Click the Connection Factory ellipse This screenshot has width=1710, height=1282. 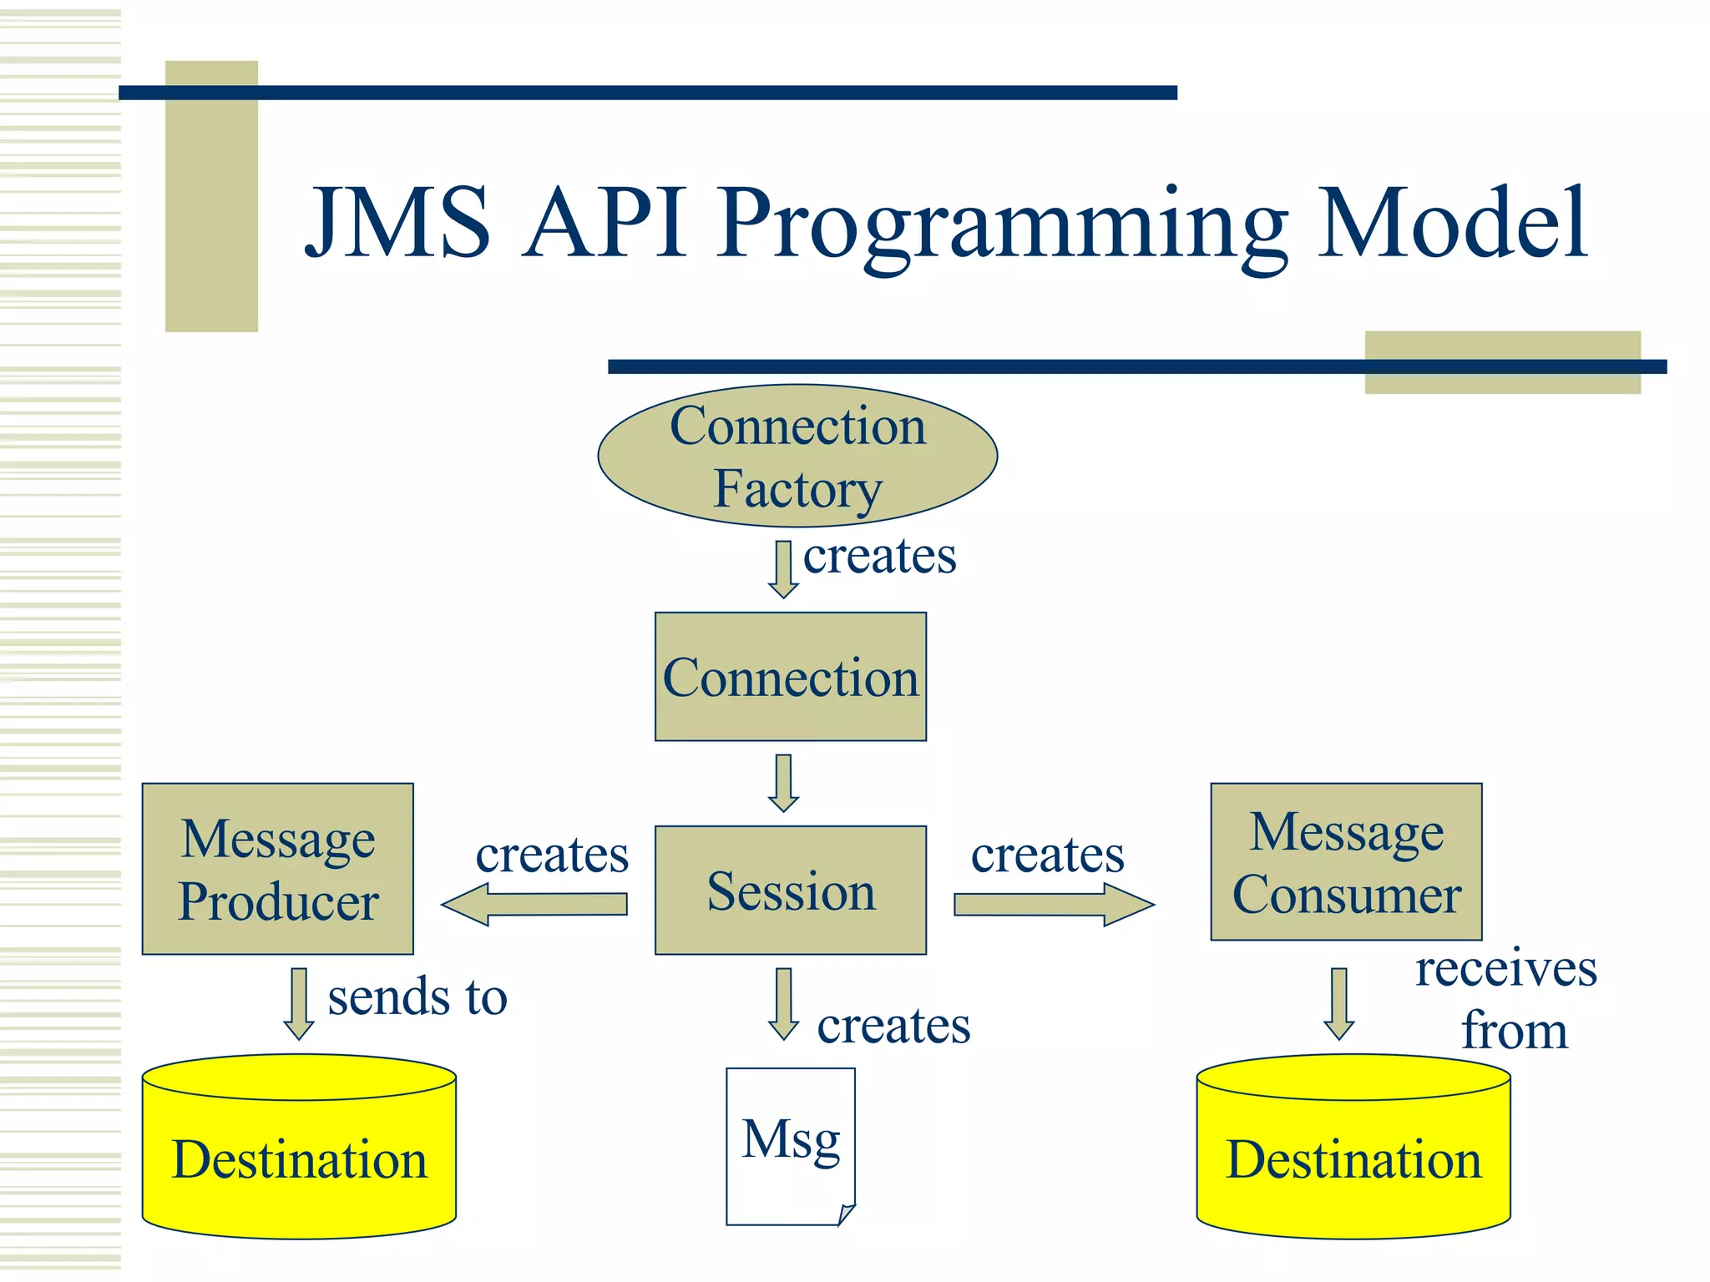click(797, 456)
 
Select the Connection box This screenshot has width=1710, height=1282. click(790, 677)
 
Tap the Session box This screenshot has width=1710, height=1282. click(790, 890)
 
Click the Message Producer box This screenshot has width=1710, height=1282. click(277, 869)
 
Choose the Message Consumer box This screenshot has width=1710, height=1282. click(1346, 862)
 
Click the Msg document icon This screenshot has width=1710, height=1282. click(790, 1146)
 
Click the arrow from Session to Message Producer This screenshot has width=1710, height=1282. click(534, 905)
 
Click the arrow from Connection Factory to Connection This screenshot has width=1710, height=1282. click(783, 569)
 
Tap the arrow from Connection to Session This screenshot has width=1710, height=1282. click(783, 783)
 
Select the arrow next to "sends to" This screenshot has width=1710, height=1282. click(299, 1003)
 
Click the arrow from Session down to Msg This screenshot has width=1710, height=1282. click(783, 1003)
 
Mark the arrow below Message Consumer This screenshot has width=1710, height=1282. click(1339, 1003)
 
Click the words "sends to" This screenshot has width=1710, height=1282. click(417, 997)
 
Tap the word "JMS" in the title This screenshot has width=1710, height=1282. click(397, 222)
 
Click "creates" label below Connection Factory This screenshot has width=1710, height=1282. click(879, 556)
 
